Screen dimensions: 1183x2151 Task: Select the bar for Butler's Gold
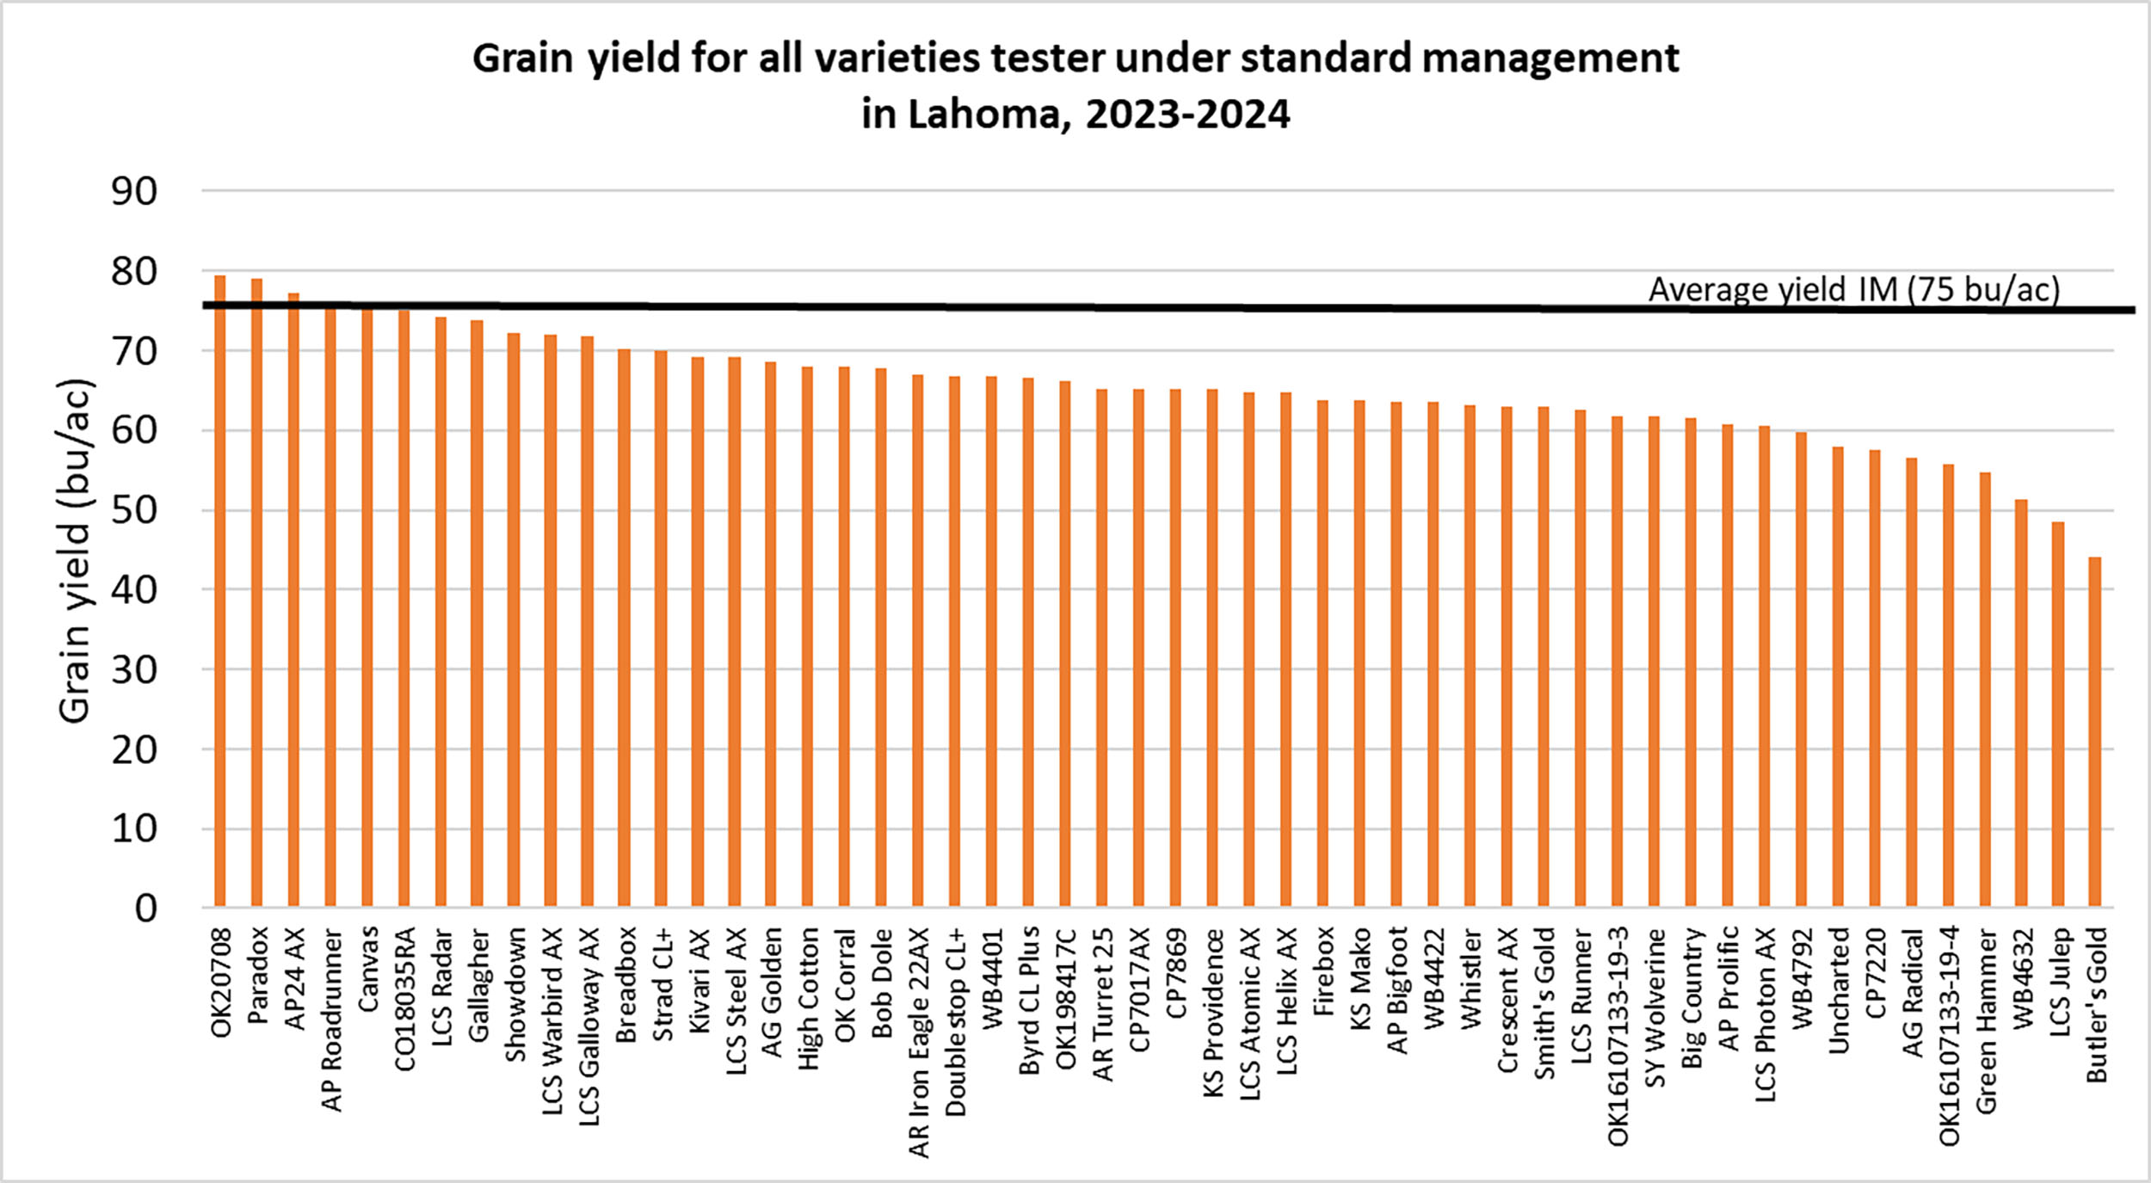(2094, 732)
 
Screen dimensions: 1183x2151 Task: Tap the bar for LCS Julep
(2058, 714)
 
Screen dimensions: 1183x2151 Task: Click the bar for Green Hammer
(1985, 689)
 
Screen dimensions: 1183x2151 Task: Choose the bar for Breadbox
(624, 627)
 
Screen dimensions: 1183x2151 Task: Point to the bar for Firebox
(1322, 653)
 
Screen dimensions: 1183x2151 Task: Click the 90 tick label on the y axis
(134, 191)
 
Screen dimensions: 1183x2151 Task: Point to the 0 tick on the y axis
(145, 909)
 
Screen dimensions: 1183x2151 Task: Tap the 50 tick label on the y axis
(134, 510)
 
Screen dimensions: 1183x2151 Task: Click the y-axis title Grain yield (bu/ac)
(75, 551)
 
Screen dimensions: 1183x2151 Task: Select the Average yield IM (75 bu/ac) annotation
(1854, 289)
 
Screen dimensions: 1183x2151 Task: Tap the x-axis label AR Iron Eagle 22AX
(919, 1042)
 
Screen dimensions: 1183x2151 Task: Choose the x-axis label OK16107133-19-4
(1949, 1035)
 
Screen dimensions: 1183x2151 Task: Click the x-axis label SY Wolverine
(1655, 1007)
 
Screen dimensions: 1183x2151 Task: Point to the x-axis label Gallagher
(478, 984)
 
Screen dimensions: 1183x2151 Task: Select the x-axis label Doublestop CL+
(955, 1021)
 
